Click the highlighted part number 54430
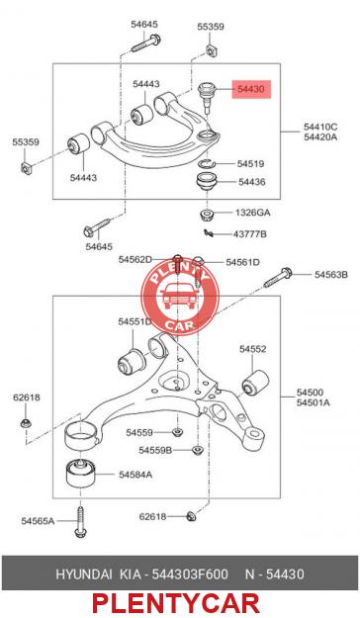(x=251, y=89)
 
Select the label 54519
(x=250, y=163)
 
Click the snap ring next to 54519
(x=207, y=164)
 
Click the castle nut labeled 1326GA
(x=207, y=215)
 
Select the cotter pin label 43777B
(x=249, y=234)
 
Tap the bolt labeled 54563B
(x=278, y=277)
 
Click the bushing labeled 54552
(x=255, y=382)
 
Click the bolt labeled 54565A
(x=80, y=521)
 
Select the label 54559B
(x=155, y=450)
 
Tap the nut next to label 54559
(x=177, y=432)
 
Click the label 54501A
(x=314, y=402)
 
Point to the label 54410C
(x=320, y=127)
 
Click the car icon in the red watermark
(x=179, y=297)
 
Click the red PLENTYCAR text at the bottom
(x=176, y=603)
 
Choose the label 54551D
(x=135, y=321)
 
